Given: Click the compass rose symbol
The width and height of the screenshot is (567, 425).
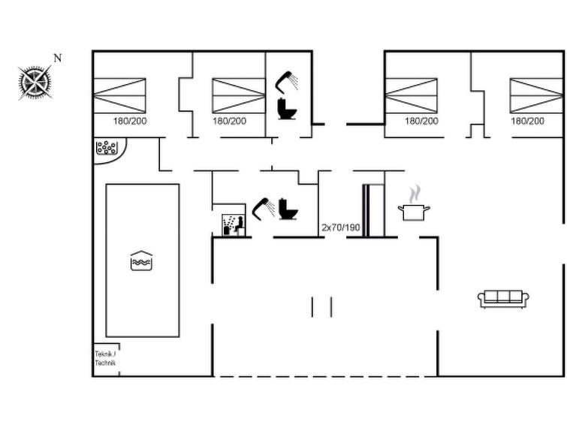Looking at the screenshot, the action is coord(35,83).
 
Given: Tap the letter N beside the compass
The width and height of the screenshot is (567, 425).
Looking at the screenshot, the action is coord(58,58).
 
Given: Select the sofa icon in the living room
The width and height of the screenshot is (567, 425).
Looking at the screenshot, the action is coord(503,299).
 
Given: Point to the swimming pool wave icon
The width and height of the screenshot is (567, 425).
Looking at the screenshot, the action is coord(141,261).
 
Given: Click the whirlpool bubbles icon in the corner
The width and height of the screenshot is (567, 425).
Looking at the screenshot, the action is coord(107,148).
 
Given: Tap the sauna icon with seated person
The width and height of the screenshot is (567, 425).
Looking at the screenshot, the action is coord(234,225).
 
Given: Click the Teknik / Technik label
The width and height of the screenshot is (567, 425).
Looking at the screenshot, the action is coord(105,358).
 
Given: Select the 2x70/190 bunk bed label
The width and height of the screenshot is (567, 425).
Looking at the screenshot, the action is coord(341,228).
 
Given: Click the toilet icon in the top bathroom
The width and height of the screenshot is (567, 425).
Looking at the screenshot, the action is coord(287,109).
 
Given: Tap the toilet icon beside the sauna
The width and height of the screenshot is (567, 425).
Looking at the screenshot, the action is coord(288,209).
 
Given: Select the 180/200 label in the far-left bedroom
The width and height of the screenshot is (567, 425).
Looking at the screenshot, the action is coord(130,121).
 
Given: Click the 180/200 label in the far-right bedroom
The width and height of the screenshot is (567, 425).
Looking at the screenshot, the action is coord(527,121).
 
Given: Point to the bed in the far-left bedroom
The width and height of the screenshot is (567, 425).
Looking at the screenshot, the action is coord(119,96).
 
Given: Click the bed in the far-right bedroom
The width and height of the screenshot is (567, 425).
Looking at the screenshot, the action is coord(536,96).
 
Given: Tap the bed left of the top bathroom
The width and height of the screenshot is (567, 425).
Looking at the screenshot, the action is coord(239,96).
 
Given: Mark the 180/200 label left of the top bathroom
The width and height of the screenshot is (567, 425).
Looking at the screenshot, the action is coord(230,121).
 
